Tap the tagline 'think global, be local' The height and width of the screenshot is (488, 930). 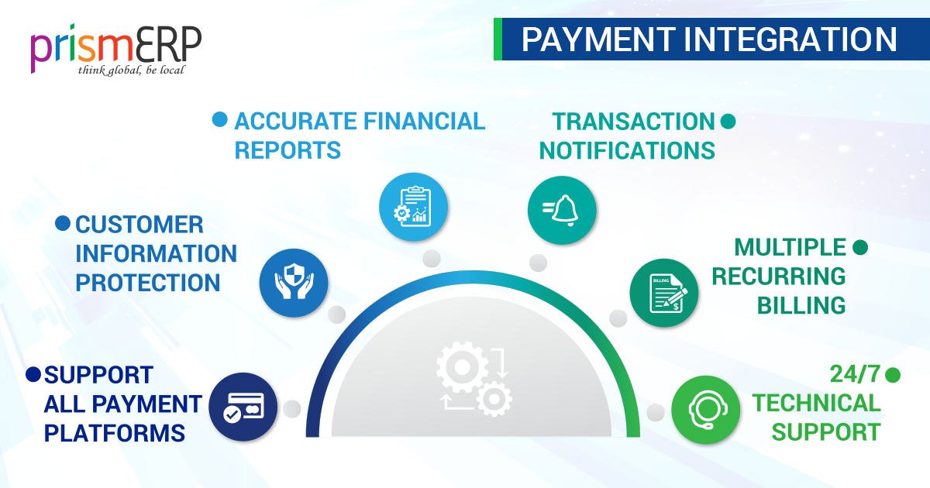pyautogui.click(x=131, y=70)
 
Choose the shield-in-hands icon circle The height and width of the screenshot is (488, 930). pyautogui.click(x=294, y=283)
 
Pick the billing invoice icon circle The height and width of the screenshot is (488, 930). pyautogui.click(x=664, y=291)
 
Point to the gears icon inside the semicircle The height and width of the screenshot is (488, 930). pyautogui.click(x=474, y=379)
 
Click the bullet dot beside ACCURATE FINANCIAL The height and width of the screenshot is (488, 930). pyautogui.click(x=220, y=120)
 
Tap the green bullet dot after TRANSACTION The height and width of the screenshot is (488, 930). pyautogui.click(x=728, y=122)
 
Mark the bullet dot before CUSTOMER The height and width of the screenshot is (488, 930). pyautogui.click(x=62, y=224)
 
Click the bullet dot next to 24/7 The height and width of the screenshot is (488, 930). pyautogui.click(x=894, y=375)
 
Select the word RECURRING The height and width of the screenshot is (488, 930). pyautogui.click(x=779, y=277)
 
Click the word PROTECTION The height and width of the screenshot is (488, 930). pyautogui.click(x=148, y=283)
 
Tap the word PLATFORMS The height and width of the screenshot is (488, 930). pyautogui.click(x=115, y=432)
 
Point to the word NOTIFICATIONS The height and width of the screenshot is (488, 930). pyautogui.click(x=627, y=150)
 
